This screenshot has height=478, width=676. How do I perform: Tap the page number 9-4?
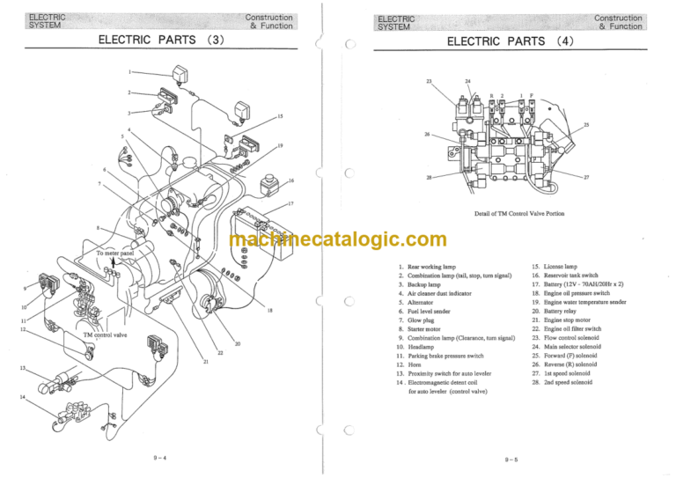[159, 458]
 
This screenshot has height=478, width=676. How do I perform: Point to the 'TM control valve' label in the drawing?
[105, 335]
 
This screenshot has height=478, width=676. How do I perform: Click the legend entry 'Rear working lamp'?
[431, 266]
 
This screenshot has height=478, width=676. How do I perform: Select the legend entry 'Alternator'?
[422, 302]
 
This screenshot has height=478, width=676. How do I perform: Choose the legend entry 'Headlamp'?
[422, 347]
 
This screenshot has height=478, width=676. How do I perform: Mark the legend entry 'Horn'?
[416, 364]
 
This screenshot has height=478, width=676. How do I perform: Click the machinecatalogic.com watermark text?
[338, 239]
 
